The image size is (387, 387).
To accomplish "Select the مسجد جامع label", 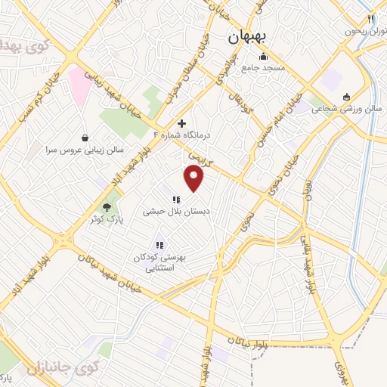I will (262, 68).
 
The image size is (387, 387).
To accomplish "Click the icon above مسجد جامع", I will (262, 56).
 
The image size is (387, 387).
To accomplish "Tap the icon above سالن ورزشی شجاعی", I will (346, 96).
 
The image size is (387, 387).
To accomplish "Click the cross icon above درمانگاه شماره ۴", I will (181, 122).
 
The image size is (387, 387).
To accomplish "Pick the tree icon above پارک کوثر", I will (108, 206).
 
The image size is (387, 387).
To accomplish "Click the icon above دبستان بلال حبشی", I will (176, 200).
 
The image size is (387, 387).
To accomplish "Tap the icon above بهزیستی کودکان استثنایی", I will (159, 245).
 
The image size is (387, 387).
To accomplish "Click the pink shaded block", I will (79, 79).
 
